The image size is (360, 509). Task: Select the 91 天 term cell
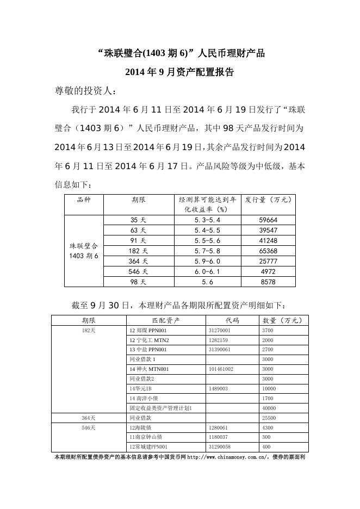[x=139, y=241]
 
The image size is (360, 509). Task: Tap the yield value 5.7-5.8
[x=207, y=251]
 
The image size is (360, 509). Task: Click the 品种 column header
[x=84, y=200]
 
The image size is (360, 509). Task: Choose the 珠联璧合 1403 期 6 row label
[x=84, y=251]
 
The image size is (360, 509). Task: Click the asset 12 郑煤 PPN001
[x=148, y=330]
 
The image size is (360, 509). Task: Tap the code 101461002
[x=221, y=369]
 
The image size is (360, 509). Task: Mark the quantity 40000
[x=269, y=408]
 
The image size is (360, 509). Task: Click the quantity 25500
[x=269, y=418]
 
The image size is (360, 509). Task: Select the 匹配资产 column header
[x=166, y=320]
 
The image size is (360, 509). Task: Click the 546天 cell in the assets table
[x=89, y=428]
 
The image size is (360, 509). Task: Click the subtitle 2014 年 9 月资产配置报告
[x=179, y=72]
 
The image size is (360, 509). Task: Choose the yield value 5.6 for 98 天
[x=207, y=282]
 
